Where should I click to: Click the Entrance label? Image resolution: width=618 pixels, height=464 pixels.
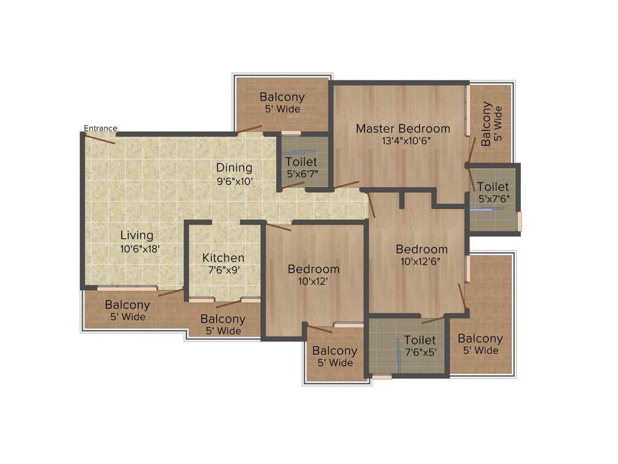(100, 128)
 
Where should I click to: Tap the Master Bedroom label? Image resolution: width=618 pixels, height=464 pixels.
(403, 129)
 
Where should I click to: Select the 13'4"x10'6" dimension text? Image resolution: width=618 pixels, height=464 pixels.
(403, 141)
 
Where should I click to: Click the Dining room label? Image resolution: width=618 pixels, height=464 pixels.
(234, 168)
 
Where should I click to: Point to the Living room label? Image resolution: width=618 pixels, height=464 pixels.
(136, 236)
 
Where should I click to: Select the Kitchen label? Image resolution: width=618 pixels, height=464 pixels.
(223, 258)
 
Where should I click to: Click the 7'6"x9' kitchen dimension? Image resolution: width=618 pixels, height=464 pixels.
(223, 270)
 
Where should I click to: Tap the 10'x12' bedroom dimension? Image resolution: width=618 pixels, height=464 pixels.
(313, 281)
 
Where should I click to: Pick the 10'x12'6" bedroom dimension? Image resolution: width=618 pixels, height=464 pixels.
(421, 262)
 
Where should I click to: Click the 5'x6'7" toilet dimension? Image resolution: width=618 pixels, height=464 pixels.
(302, 174)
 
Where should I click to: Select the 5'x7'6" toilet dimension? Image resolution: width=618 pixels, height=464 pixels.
(493, 199)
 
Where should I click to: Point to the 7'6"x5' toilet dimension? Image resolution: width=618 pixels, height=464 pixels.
(420, 352)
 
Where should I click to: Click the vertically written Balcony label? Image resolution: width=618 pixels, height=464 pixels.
(486, 121)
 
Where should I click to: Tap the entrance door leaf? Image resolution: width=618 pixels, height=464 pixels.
(100, 138)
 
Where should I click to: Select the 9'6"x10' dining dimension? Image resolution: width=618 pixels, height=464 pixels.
(234, 180)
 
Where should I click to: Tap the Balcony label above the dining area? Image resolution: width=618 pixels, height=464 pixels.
(282, 97)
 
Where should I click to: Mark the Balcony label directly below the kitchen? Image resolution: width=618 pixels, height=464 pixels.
(223, 319)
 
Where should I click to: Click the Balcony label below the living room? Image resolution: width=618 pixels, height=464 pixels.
(127, 305)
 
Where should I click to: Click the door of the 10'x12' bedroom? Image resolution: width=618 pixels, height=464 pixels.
(278, 227)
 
